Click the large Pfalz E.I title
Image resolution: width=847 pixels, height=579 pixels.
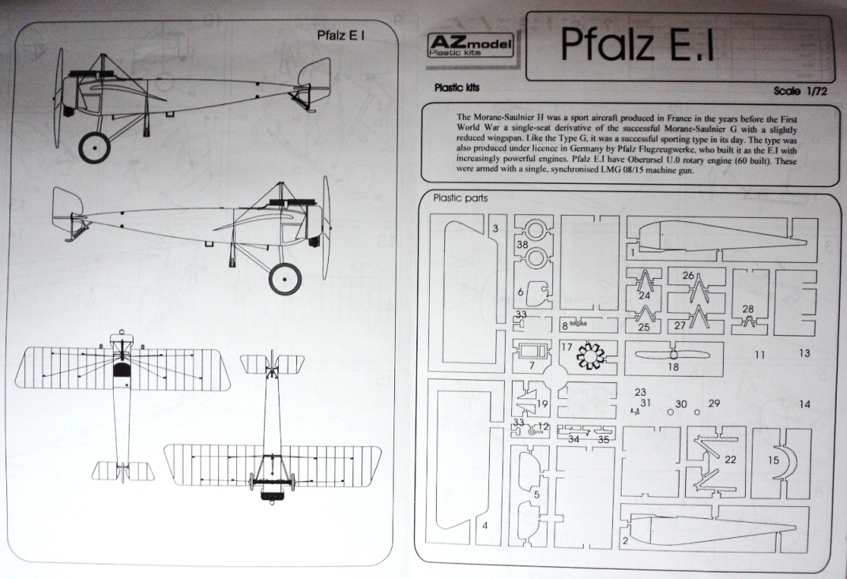click(x=638, y=46)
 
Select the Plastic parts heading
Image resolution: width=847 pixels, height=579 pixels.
click(x=461, y=198)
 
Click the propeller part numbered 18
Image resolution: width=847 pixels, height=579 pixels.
click(x=672, y=355)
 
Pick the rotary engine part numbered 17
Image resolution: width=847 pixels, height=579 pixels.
click(x=591, y=357)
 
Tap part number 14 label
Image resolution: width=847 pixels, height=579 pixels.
click(x=804, y=404)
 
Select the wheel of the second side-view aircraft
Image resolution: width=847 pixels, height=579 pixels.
click(x=284, y=278)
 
